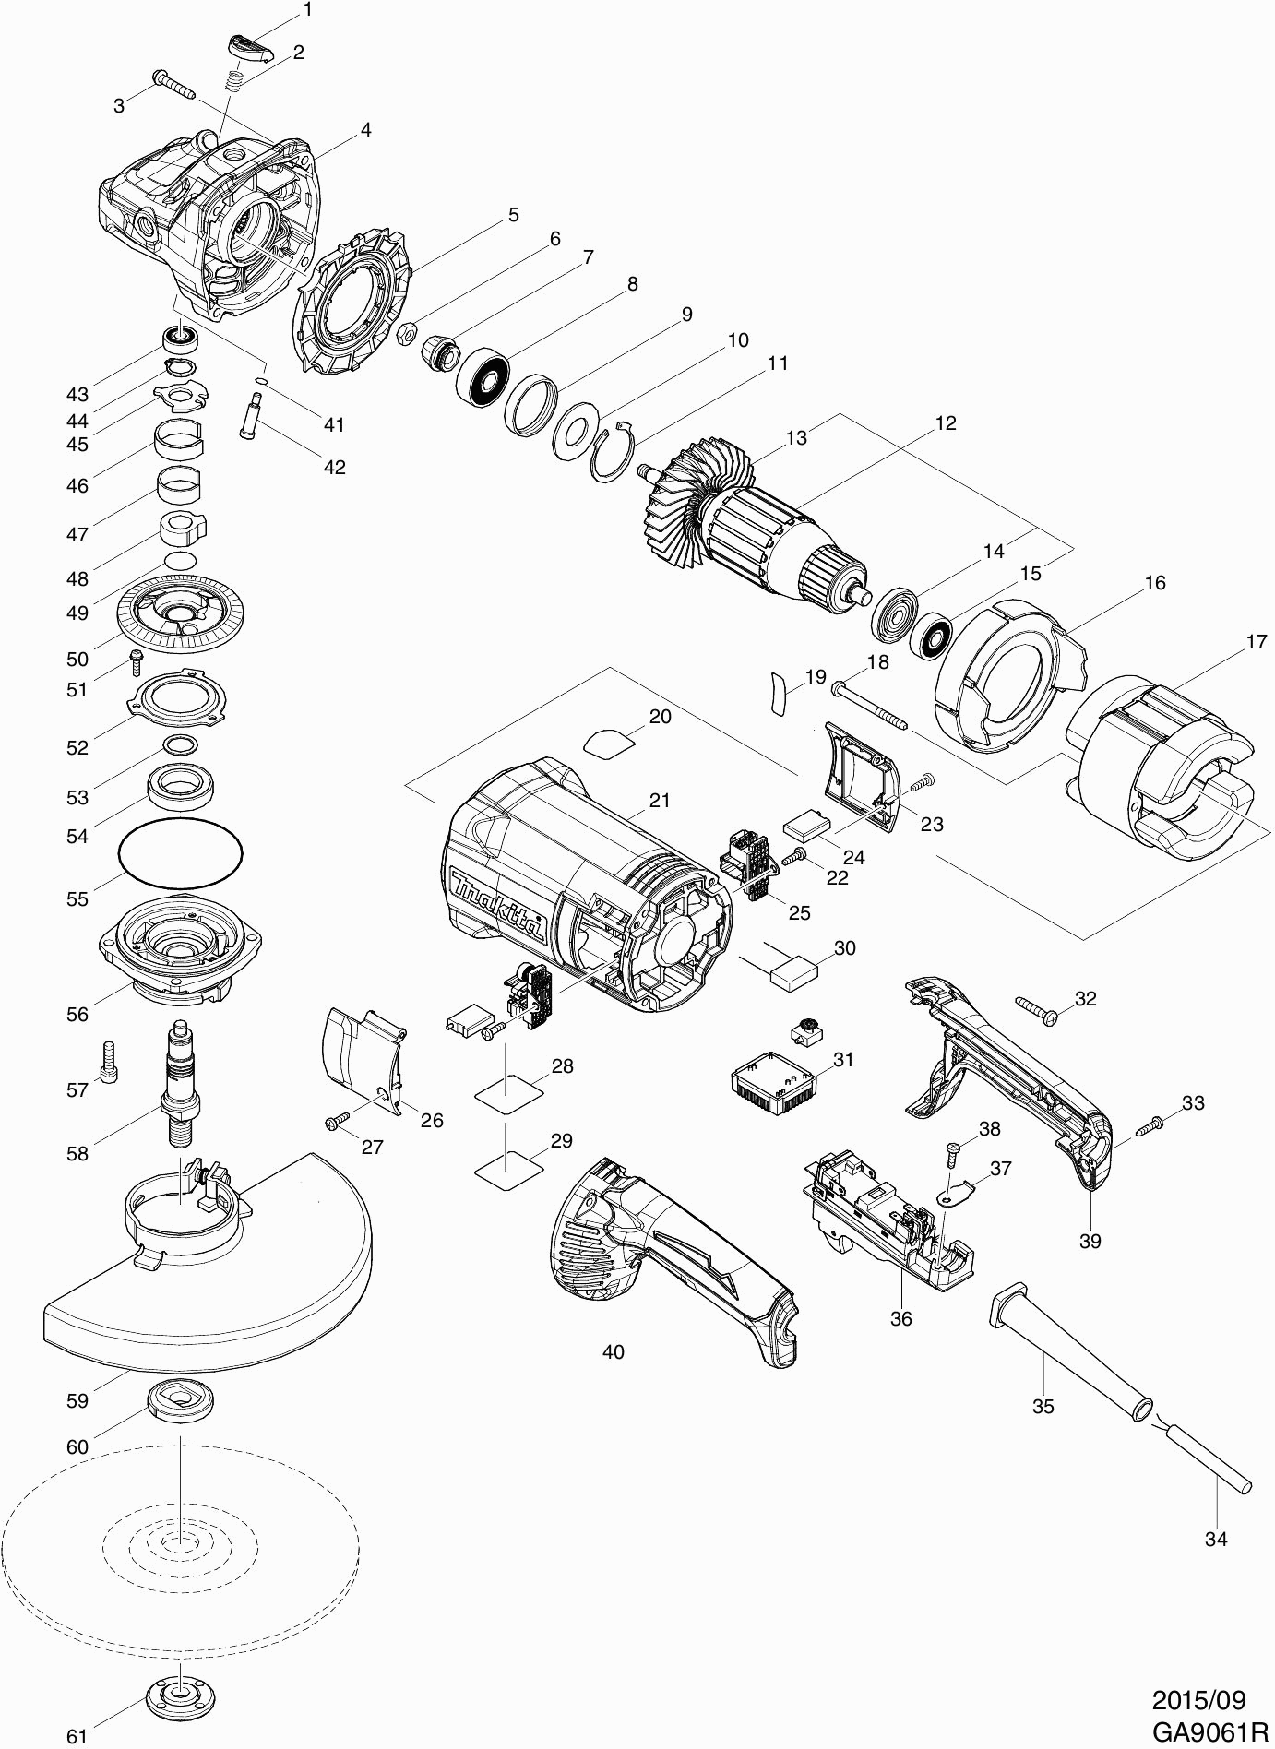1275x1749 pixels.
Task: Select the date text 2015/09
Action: pos(1198,1699)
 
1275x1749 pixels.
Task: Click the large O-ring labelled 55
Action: pos(181,854)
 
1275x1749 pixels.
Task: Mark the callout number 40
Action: pos(613,1351)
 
